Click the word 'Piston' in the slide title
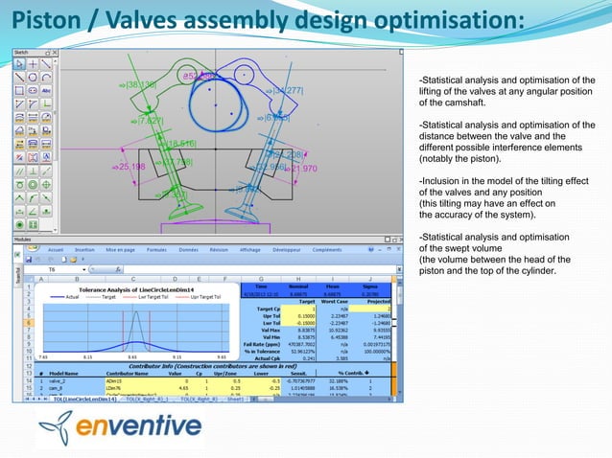(x=37, y=20)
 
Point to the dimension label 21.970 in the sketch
(x=302, y=169)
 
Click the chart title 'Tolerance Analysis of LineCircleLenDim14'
(x=128, y=287)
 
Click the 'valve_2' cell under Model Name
(x=60, y=380)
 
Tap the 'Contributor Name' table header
(x=129, y=373)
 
